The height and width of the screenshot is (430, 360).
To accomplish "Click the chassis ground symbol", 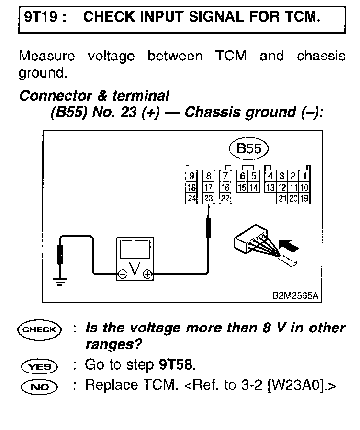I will click(x=60, y=282).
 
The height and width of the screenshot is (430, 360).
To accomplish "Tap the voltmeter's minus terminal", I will click(x=123, y=275).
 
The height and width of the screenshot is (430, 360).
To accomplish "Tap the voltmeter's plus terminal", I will click(x=148, y=275).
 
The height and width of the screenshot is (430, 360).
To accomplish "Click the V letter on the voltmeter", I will click(x=135, y=272).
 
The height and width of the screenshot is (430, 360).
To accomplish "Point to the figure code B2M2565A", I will click(x=295, y=295).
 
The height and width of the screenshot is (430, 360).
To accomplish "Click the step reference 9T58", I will click(x=176, y=365).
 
